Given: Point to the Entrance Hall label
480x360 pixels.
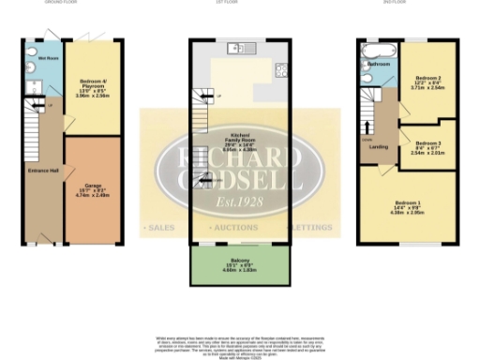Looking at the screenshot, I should coord(43,172).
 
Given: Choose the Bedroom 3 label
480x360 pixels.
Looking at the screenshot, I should coord(430,146).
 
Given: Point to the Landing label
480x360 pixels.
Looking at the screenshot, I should coord(381,146).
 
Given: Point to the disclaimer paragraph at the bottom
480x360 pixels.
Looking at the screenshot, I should coord(239,342).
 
